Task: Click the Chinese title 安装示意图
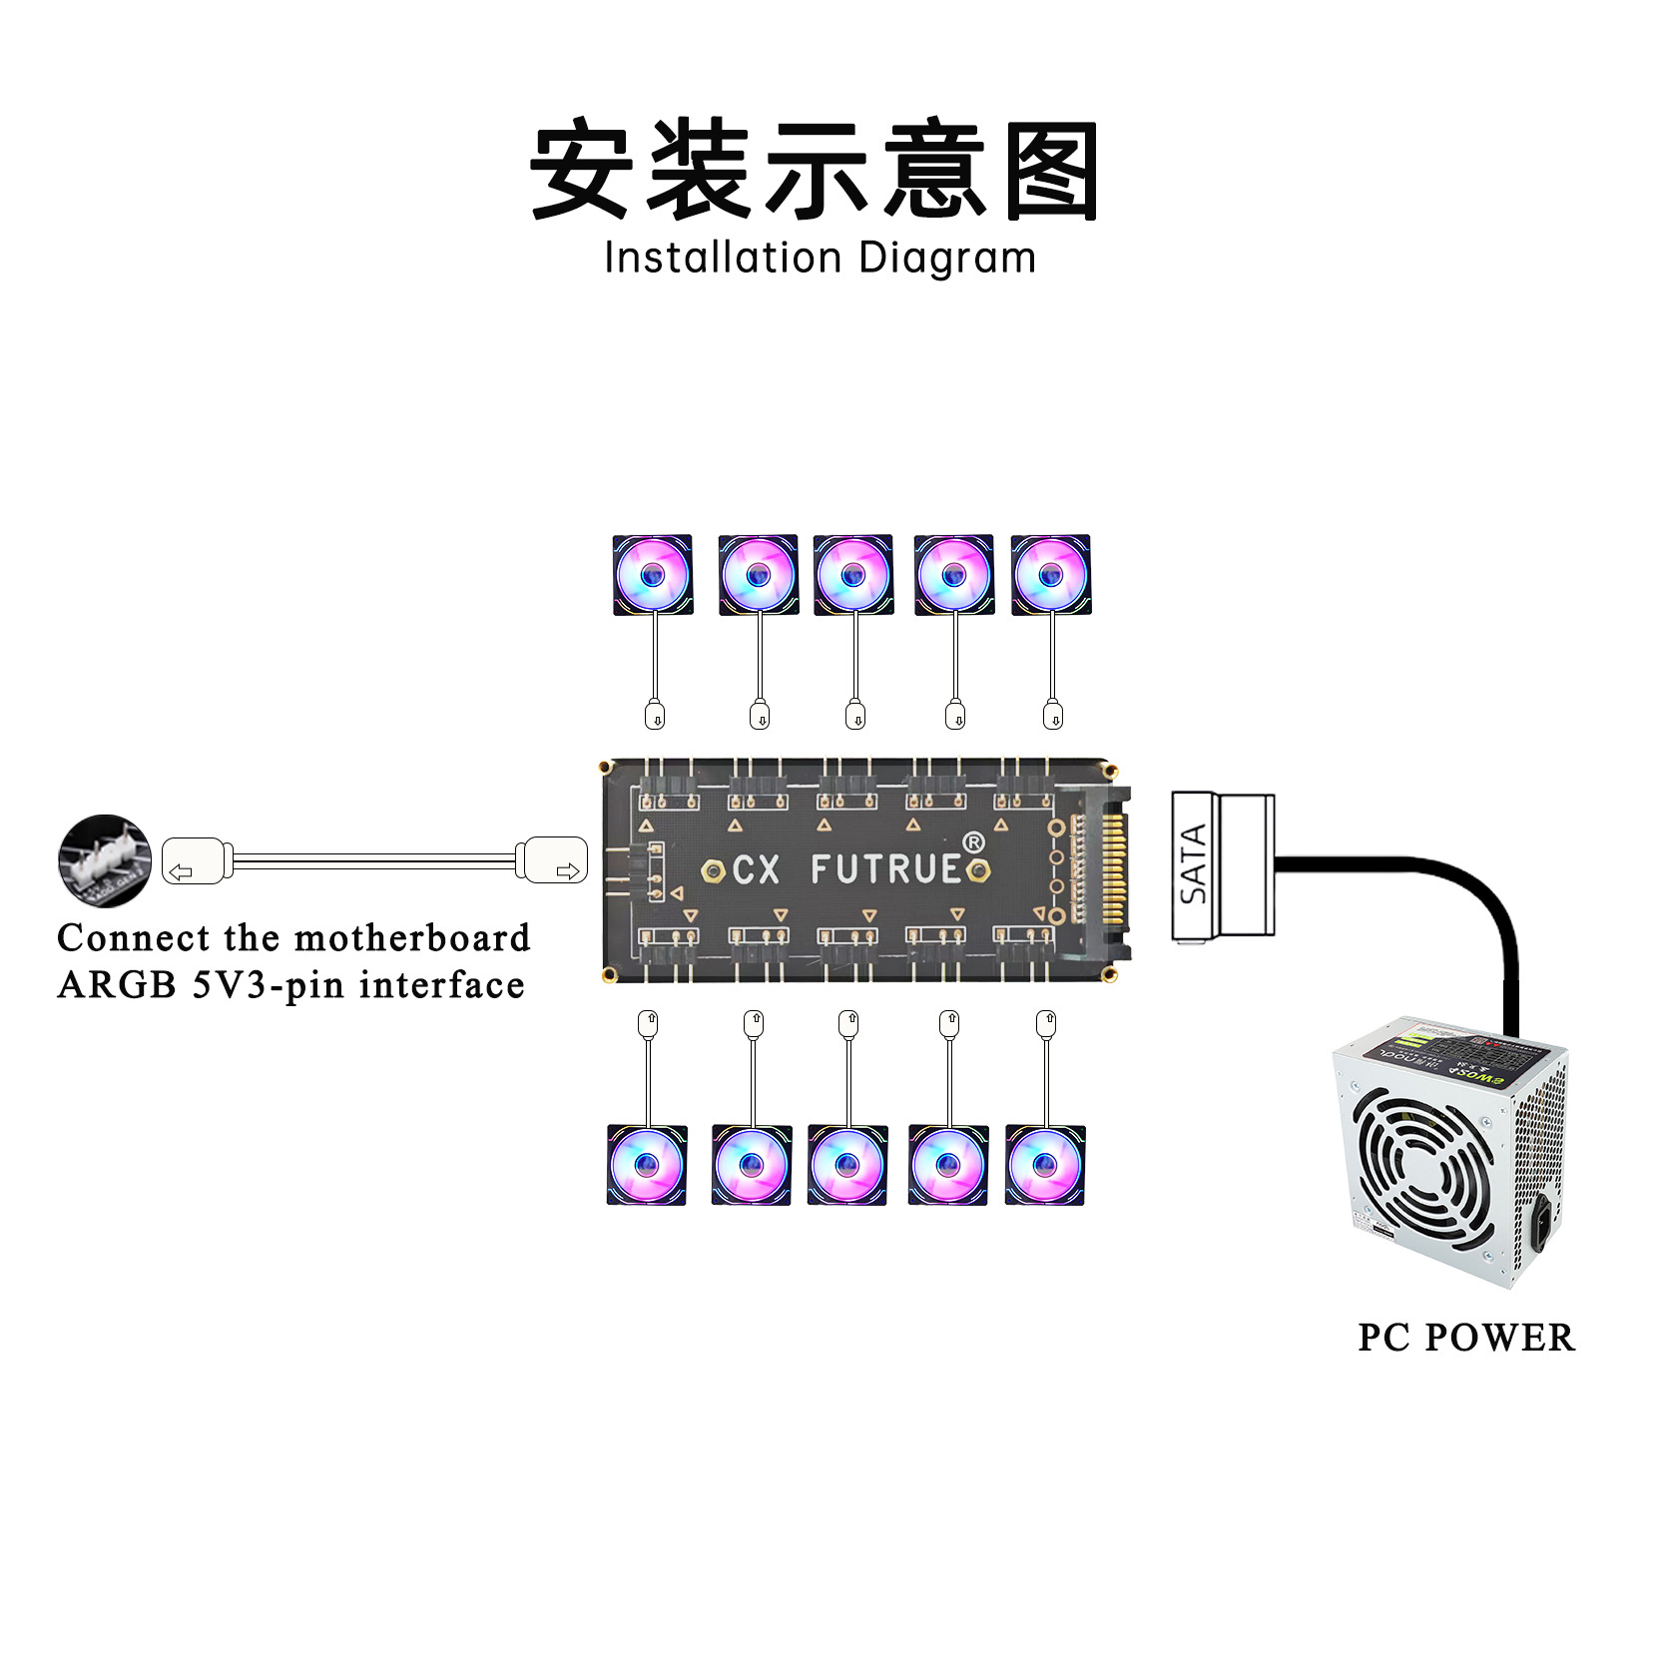pos(814,170)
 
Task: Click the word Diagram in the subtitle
pos(946,259)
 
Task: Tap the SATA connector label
pos(1194,864)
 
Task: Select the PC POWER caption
pos(1465,1339)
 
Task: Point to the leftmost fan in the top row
pos(653,575)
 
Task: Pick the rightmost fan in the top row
pos(1050,575)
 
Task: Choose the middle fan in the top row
pos(852,575)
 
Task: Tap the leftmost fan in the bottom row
pos(647,1165)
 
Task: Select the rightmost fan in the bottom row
pos(1044,1165)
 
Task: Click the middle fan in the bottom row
pos(847,1165)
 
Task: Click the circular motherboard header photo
pos(105,860)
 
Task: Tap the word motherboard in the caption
pos(412,938)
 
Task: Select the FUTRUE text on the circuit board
pos(885,869)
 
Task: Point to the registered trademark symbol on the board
pos(973,842)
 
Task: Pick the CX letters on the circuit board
pos(756,870)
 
